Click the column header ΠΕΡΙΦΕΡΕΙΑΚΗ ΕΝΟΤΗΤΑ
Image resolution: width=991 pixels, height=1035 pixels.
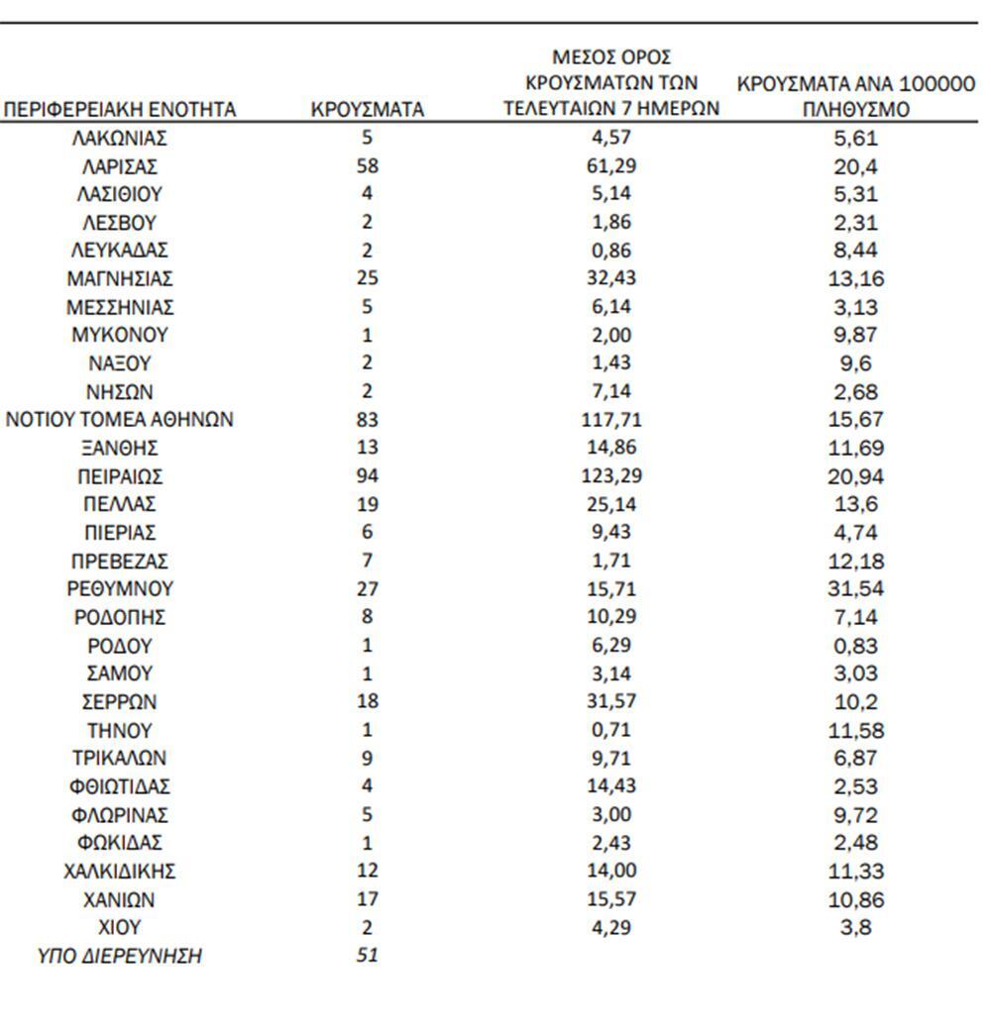point(121,110)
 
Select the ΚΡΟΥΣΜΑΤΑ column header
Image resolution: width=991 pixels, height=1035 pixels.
point(367,110)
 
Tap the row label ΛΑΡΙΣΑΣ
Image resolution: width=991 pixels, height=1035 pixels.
point(120,166)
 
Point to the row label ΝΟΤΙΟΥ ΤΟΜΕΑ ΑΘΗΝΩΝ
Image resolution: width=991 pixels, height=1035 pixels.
point(120,420)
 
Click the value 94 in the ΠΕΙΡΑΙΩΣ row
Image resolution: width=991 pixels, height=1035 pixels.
point(367,476)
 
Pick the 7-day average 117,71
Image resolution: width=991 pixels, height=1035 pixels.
point(609,420)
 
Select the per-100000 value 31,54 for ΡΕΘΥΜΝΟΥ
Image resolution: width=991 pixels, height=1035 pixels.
point(856,589)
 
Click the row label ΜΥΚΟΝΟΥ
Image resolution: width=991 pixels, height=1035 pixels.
point(120,335)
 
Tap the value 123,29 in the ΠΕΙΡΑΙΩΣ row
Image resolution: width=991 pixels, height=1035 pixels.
point(609,476)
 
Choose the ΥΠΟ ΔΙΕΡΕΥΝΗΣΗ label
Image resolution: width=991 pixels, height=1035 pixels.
point(120,957)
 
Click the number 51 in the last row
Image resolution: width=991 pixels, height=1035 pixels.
point(367,957)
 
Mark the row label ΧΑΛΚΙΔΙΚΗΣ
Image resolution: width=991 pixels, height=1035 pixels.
point(120,872)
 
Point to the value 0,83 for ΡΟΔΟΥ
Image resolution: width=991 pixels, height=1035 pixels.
point(856,646)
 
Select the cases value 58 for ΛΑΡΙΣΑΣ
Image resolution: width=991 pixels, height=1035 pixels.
point(367,166)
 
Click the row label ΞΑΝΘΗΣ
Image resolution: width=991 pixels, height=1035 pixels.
point(120,449)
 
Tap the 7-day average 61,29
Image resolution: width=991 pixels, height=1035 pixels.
point(609,166)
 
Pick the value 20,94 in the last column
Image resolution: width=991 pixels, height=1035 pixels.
point(856,476)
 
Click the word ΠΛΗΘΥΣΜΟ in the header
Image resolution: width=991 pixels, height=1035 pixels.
point(855,110)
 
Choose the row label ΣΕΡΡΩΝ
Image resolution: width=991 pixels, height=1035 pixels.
point(120,702)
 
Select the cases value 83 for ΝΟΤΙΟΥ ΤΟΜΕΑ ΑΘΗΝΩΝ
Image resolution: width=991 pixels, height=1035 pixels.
point(367,420)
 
